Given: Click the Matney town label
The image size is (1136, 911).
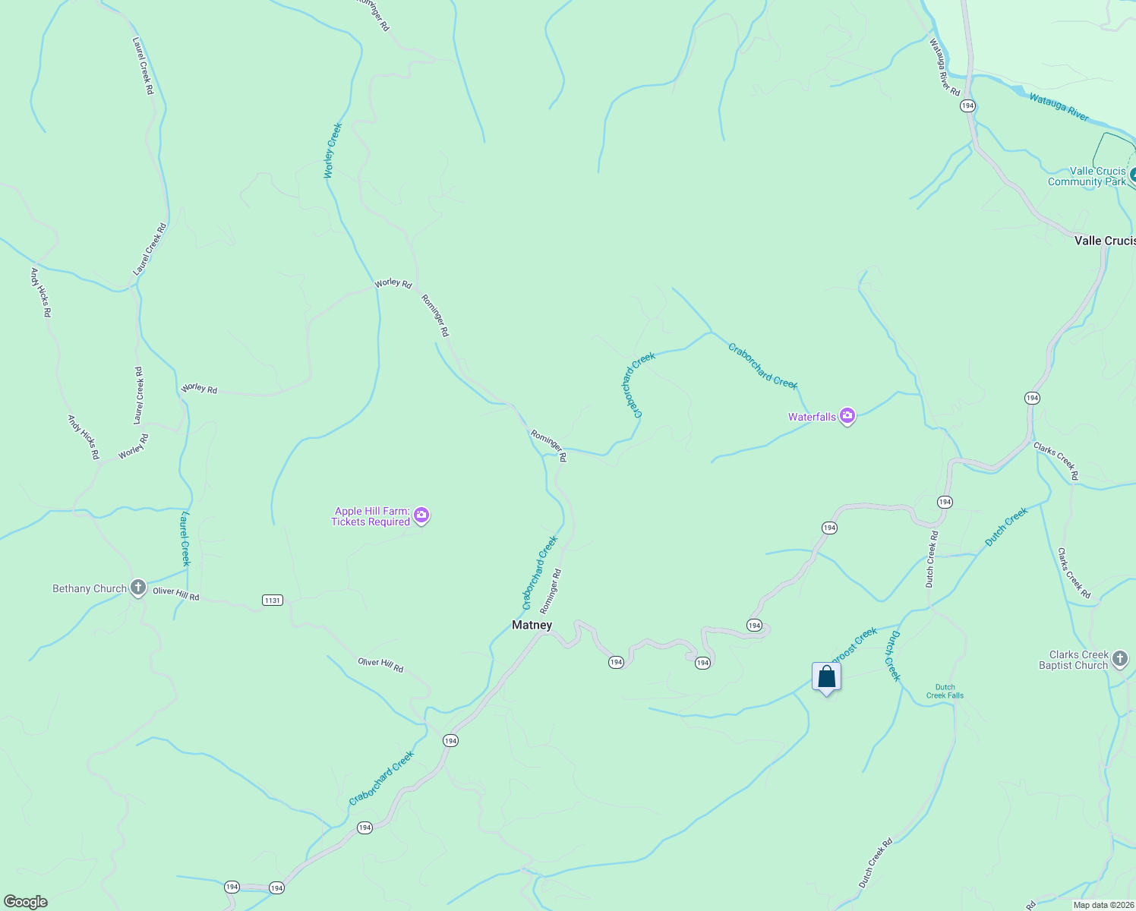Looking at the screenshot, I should [x=532, y=626].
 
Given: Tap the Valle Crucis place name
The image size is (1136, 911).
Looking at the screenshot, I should [x=1104, y=241].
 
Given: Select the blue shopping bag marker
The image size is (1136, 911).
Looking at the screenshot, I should [x=826, y=676].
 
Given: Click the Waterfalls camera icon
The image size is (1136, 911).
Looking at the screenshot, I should [x=847, y=416].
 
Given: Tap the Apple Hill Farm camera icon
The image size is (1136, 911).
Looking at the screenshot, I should [x=422, y=516].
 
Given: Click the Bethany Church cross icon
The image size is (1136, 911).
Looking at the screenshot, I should [x=137, y=588].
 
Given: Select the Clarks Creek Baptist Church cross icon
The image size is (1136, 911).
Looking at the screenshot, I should [x=1120, y=660].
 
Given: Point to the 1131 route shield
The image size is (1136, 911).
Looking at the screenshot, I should [x=273, y=601].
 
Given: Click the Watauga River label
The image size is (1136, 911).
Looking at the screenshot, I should [x=1059, y=107].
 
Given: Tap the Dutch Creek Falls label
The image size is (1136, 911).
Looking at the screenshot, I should [x=945, y=691].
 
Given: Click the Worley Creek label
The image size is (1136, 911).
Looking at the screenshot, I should [x=333, y=151].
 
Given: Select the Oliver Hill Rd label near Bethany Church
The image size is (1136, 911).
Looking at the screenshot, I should [x=176, y=594].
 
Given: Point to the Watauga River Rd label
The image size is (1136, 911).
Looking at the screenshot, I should [x=945, y=68].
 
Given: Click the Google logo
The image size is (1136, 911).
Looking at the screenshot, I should [x=25, y=902].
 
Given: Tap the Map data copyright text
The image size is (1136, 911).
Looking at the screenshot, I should [x=1103, y=905].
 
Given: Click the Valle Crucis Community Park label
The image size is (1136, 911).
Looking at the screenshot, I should [x=1087, y=176].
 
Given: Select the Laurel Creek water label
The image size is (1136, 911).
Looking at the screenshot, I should [x=185, y=538].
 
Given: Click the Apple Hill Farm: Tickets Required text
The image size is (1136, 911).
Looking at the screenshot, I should [x=371, y=516].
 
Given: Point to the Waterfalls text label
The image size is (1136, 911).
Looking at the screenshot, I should [x=812, y=417].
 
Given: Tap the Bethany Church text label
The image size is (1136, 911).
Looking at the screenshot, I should [x=89, y=588].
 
